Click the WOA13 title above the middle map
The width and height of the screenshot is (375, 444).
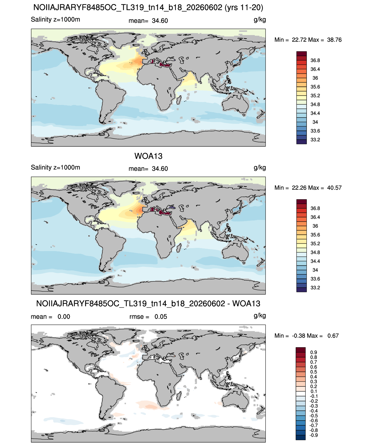click(148, 156)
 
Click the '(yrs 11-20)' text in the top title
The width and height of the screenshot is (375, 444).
click(244, 8)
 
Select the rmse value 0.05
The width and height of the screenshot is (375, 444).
click(161, 317)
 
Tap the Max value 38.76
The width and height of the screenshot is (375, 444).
click(334, 40)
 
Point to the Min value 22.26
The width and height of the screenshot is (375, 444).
click(299, 188)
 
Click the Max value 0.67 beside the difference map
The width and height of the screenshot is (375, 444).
click(333, 336)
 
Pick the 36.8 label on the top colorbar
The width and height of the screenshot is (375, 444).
click(315, 61)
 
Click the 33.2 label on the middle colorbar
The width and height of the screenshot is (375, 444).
click(315, 288)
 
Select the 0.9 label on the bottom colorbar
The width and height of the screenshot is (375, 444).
click(314, 353)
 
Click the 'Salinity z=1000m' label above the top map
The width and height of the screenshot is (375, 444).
click(55, 20)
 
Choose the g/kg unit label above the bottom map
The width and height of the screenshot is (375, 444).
click(260, 316)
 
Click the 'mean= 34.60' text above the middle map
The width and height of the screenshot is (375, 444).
click(148, 169)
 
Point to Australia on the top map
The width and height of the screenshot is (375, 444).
click(235, 103)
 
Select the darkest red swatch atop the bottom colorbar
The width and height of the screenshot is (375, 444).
click(300, 350)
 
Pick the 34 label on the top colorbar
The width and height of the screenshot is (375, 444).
click(315, 122)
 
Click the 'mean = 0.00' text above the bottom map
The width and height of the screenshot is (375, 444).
click(50, 317)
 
